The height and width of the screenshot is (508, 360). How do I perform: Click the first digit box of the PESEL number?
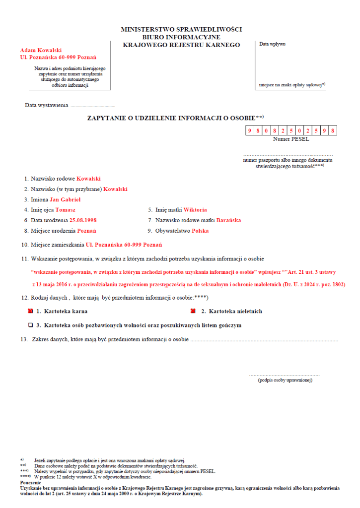pos(249,131)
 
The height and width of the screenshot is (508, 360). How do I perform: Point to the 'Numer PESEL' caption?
pos(291,139)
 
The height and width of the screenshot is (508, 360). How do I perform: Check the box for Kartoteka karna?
pos(31,311)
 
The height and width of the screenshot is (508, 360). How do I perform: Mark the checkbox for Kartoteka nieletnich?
pos(193,311)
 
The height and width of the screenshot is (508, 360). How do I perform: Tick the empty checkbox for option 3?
pos(31,325)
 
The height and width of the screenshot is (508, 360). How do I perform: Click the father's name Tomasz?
pos(66,210)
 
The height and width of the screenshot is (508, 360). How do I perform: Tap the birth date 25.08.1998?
pos(83,220)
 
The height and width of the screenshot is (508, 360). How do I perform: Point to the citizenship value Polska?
pos(200,231)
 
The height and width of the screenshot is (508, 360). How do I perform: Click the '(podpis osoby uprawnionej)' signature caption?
pos(285,380)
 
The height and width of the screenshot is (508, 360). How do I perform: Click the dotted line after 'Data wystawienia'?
pos(93,106)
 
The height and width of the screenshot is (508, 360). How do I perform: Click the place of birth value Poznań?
pos(86,231)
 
